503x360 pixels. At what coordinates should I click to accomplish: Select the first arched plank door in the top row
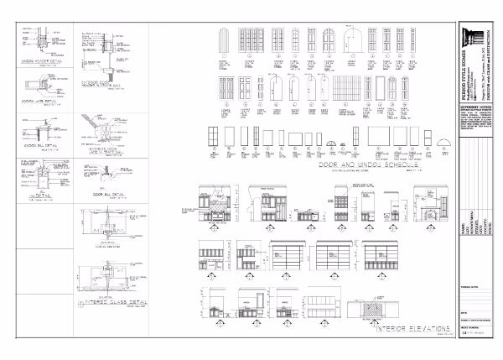[224, 43]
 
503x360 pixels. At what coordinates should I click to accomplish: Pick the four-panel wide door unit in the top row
[251, 43]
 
